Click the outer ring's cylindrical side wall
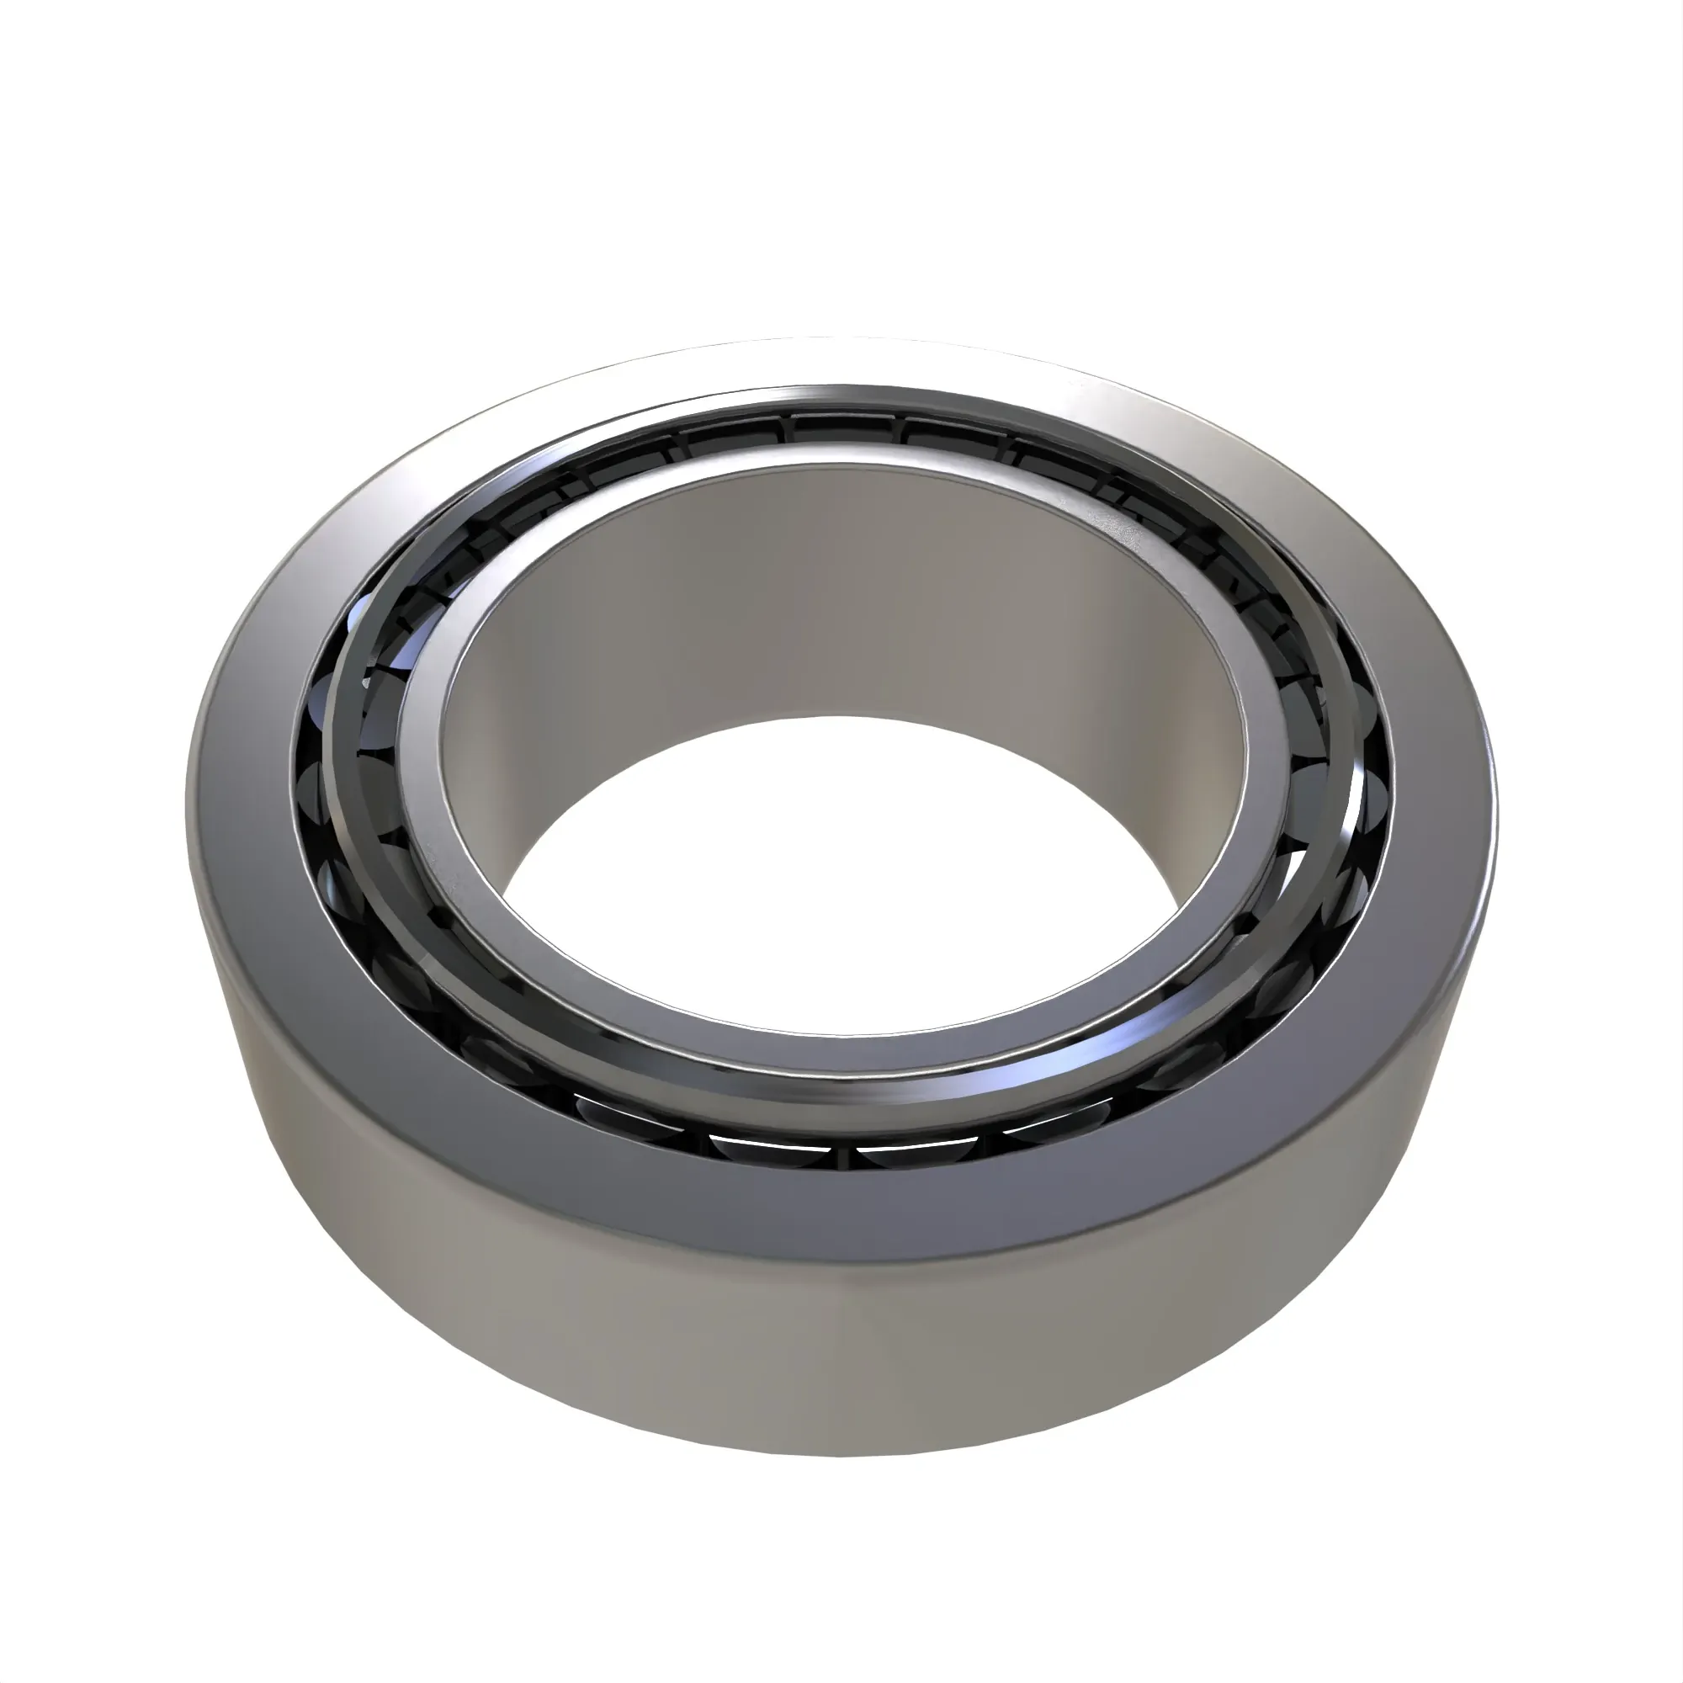[x=836, y=1359]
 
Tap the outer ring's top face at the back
[x=836, y=362]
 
